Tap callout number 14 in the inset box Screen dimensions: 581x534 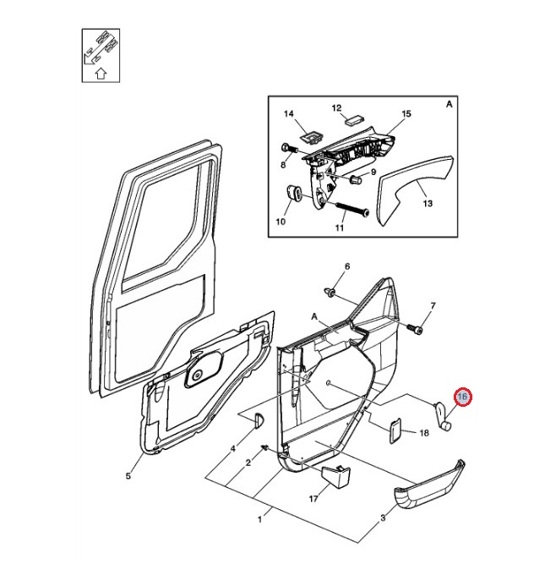click(x=287, y=114)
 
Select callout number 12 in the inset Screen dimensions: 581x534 click(x=336, y=108)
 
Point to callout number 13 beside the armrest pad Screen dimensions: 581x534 click(x=427, y=204)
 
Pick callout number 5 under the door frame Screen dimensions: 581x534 click(x=128, y=475)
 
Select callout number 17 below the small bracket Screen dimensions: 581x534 click(x=313, y=498)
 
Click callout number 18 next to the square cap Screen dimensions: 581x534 click(x=424, y=432)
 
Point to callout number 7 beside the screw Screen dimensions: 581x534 click(x=433, y=305)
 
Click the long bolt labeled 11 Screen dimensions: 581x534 click(x=348, y=208)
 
